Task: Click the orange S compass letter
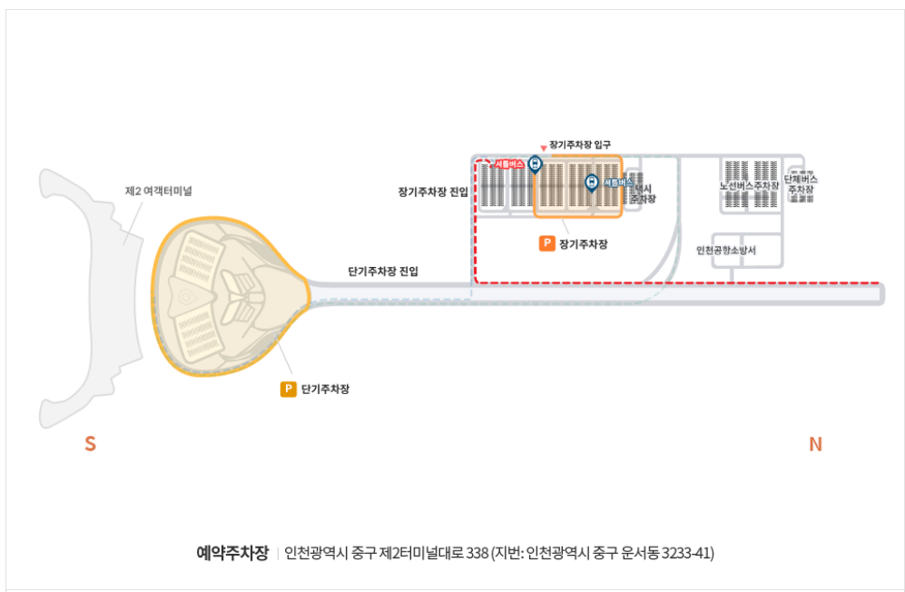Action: [90, 444]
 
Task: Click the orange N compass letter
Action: [815, 444]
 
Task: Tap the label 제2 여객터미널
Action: [158, 191]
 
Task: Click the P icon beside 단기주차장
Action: [289, 390]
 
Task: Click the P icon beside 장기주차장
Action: [546, 243]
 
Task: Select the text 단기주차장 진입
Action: [383, 271]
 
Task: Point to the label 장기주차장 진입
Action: [433, 192]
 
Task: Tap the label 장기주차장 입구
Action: [580, 144]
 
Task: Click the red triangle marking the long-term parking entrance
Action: [543, 147]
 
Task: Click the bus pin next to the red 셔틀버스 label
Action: [535, 164]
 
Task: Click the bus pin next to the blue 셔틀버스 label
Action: [591, 183]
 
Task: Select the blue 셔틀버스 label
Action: [615, 183]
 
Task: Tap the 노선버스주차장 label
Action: [749, 185]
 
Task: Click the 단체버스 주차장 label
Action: [802, 184]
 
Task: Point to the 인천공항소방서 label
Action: [726, 250]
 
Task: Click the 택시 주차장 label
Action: [643, 192]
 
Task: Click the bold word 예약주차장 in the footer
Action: [232, 552]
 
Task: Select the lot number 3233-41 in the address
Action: [687, 552]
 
